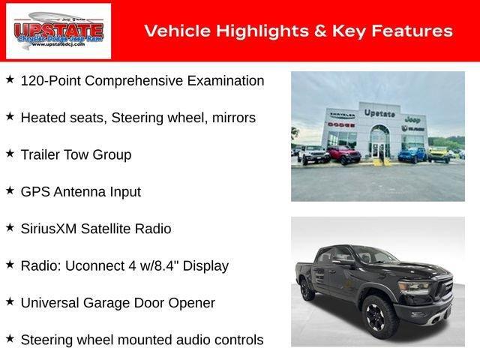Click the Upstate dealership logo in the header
point(58,31)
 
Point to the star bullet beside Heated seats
point(10,116)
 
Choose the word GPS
point(35,191)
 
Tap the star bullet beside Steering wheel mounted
point(10,338)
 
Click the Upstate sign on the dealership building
point(379,112)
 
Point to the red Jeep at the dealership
point(343,154)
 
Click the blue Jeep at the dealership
point(412,154)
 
